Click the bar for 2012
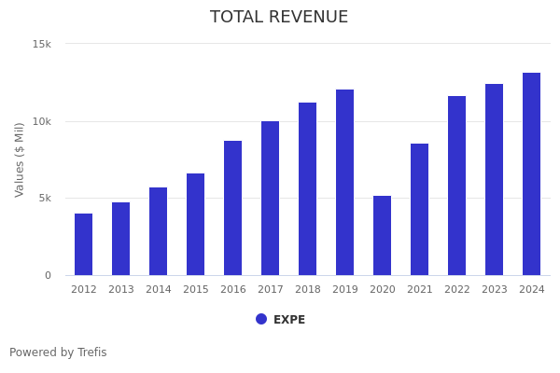[x=84, y=244]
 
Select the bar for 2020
[x=383, y=235]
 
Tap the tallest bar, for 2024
[x=531, y=173]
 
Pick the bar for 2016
[x=233, y=208]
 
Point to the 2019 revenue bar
[x=345, y=182]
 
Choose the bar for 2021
[x=420, y=209]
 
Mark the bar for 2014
[x=159, y=231]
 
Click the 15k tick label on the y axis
[x=42, y=44]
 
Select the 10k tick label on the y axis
[x=42, y=121]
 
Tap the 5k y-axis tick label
[x=45, y=198]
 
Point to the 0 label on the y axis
[x=49, y=275]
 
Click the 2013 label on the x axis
[x=121, y=290]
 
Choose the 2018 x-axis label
[x=308, y=290]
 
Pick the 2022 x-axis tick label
[x=457, y=290]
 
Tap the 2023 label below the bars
[x=495, y=290]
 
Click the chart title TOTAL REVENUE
[x=279, y=18]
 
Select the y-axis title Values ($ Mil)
[x=20, y=159]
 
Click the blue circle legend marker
[x=261, y=319]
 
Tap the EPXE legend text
[x=289, y=320]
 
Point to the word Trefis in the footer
[x=91, y=352]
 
